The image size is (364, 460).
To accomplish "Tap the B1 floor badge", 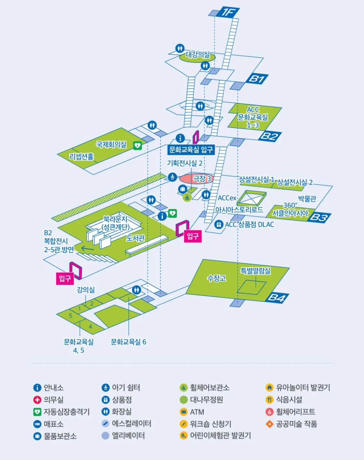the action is tap(257, 79).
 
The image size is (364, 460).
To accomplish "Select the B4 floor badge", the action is tap(277, 298).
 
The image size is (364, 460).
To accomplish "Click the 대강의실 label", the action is tap(197, 55).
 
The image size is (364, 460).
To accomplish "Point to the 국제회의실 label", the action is tap(111, 144).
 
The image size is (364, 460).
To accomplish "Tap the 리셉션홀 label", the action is tap(81, 157).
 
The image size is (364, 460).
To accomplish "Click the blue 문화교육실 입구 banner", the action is tap(191, 149).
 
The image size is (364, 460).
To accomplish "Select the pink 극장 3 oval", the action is tap(196, 179).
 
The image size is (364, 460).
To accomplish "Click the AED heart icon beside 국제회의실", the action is tap(137, 146).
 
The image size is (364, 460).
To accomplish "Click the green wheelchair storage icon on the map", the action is tap(187, 198).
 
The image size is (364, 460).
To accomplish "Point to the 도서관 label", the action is tap(136, 238).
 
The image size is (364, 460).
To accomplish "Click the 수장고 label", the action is tap(216, 278).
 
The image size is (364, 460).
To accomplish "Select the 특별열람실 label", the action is tap(256, 271).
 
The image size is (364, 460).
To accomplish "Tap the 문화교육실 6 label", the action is tap(129, 342).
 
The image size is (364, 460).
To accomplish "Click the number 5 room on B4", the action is tap(70, 316).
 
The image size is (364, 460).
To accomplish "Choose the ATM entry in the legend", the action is tap(192, 412).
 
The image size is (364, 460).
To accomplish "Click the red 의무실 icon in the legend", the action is tap(37, 400).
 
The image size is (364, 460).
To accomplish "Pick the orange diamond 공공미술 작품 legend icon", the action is tap(270, 424).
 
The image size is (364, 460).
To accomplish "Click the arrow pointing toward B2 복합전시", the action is tap(88, 249).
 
